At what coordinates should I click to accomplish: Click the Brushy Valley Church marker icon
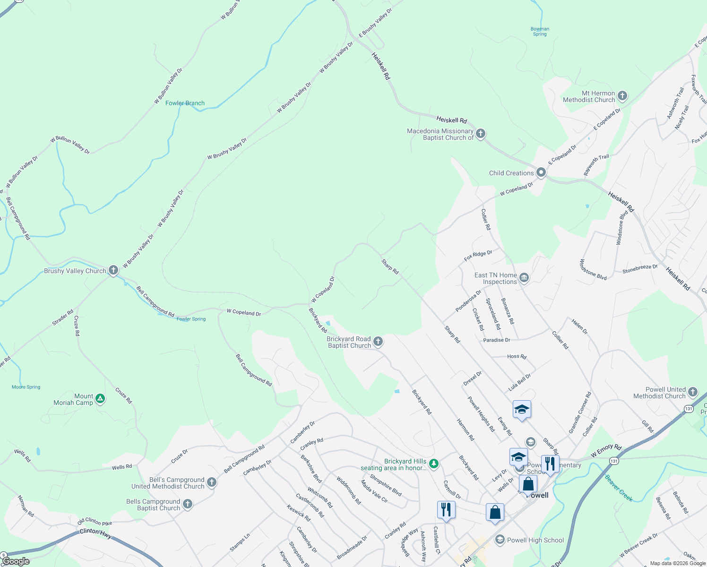(x=113, y=270)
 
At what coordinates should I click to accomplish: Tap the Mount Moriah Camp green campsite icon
(x=100, y=399)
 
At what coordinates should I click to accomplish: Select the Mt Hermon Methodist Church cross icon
(x=622, y=96)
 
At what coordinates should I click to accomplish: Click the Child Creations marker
(x=541, y=172)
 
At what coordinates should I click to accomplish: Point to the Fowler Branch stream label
(x=185, y=103)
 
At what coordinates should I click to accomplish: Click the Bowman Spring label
(x=540, y=31)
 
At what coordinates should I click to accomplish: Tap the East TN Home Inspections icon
(x=524, y=278)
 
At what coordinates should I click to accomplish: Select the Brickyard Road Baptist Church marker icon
(x=378, y=342)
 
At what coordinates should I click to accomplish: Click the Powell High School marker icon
(x=500, y=540)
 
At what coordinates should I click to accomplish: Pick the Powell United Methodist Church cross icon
(x=692, y=392)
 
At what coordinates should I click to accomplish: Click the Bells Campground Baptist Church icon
(x=188, y=504)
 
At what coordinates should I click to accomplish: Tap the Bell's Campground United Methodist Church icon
(x=212, y=482)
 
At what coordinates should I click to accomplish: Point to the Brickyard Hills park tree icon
(x=433, y=464)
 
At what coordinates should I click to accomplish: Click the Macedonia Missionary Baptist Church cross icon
(x=481, y=134)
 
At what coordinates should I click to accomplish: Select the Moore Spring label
(x=26, y=387)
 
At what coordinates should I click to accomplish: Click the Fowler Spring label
(x=191, y=319)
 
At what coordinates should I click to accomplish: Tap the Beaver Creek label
(x=619, y=488)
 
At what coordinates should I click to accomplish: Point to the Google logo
(x=16, y=561)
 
